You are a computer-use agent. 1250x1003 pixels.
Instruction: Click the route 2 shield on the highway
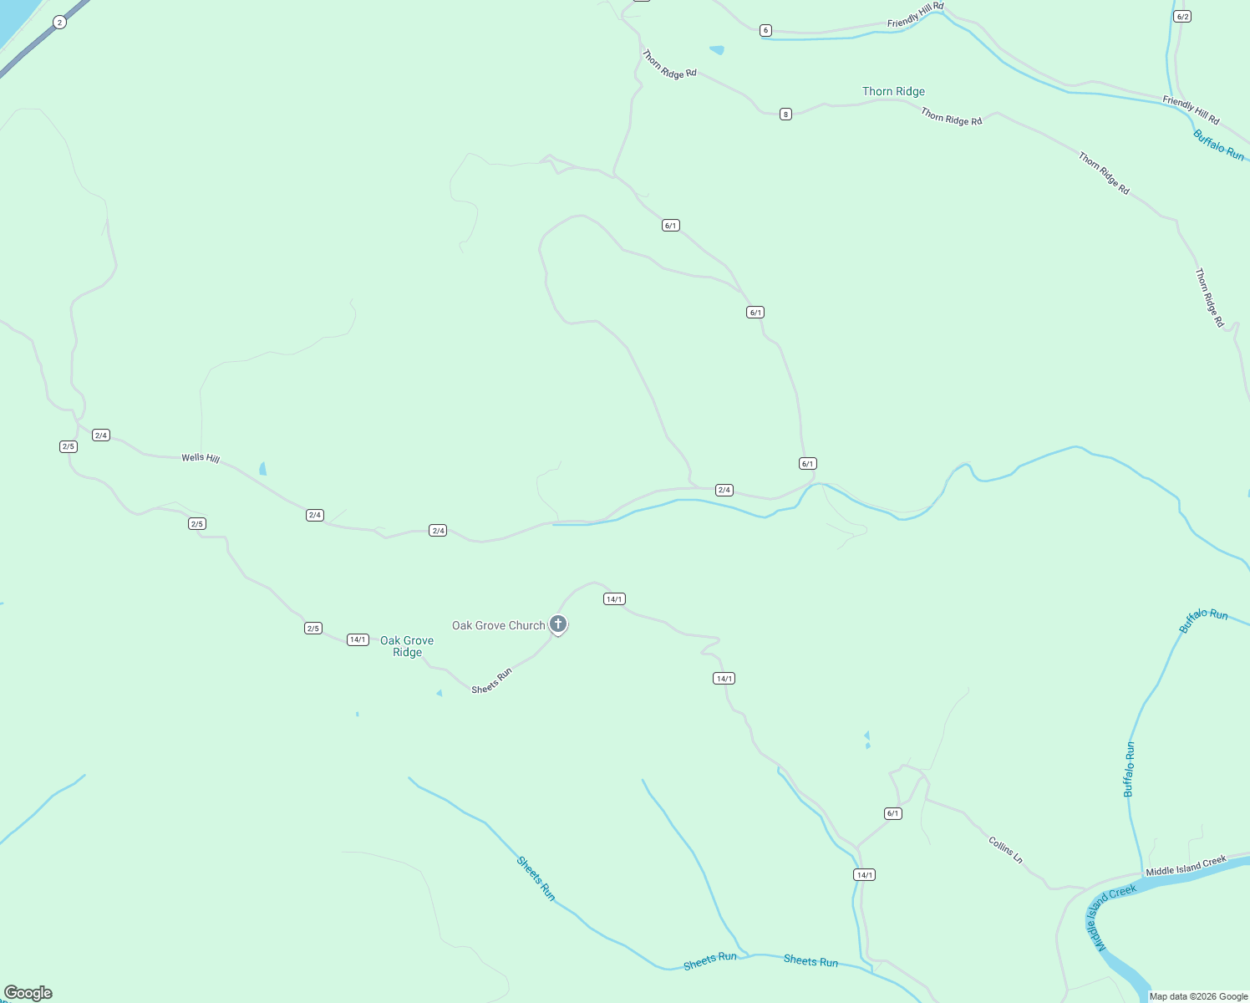59,23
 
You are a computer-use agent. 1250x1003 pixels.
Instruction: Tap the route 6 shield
765,30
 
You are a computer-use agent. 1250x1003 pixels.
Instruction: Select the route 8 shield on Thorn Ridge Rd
785,114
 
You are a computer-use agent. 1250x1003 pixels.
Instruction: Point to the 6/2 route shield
1181,17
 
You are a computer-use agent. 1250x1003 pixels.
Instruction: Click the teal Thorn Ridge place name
893,91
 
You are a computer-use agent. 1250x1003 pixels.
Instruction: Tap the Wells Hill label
201,458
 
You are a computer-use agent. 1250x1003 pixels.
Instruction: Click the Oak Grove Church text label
498,625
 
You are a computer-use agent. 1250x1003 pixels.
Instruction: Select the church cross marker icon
558,624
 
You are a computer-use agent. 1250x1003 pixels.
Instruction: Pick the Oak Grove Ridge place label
407,646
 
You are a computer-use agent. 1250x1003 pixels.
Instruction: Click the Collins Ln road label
1005,849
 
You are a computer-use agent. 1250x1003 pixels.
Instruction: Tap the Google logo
28,993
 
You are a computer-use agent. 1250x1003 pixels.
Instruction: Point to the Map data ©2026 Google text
1198,996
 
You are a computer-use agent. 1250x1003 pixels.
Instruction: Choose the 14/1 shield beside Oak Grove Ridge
358,639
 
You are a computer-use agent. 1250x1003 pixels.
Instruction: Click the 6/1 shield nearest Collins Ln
893,813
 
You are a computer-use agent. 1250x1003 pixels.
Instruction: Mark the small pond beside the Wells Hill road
262,468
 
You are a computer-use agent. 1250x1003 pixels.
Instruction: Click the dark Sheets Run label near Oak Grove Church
491,681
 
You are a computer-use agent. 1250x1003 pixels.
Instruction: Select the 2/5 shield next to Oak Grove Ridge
313,629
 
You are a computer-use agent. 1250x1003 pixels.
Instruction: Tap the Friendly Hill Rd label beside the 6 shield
915,14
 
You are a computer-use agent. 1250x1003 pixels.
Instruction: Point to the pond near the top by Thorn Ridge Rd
717,50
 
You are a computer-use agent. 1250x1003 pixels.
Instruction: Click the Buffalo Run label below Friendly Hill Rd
1218,145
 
